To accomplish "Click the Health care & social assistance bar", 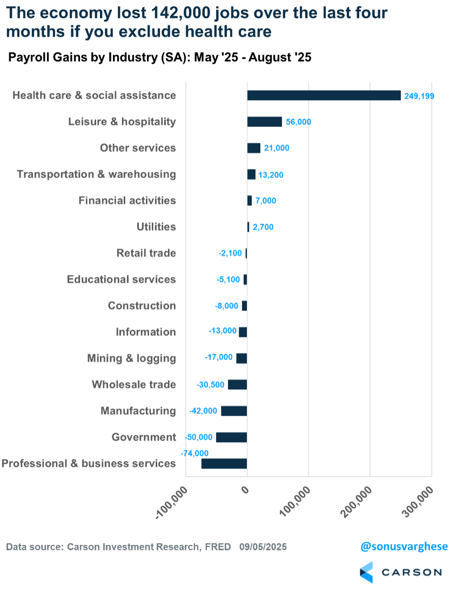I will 324,95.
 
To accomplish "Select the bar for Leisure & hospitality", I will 265,122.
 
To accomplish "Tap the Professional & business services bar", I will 224,463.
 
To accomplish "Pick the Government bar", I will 231,437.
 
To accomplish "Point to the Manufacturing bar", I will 234,411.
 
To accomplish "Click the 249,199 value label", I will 419,96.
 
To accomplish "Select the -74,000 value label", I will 194,453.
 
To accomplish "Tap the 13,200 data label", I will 271,175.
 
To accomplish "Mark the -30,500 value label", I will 211,385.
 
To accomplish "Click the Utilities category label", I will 156,227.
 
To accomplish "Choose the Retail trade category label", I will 146,253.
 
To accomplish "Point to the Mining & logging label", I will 131,359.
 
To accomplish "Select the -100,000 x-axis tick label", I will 172,503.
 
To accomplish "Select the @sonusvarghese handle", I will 404,546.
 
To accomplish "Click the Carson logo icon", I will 366,572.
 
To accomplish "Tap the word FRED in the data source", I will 218,547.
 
